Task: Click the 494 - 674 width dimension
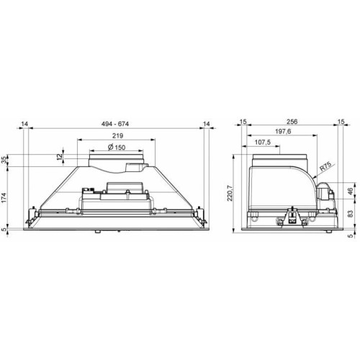tap(115, 124)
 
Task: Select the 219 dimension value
tap(117, 136)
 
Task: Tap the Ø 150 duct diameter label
tap(117, 147)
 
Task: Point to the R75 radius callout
tap(325, 166)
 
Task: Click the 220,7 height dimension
tap(230, 193)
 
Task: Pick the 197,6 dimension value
tap(283, 132)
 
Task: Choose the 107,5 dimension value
tap(262, 143)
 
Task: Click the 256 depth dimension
tap(292, 122)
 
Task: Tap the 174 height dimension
tap(5, 197)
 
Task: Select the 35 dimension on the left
tap(5, 160)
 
